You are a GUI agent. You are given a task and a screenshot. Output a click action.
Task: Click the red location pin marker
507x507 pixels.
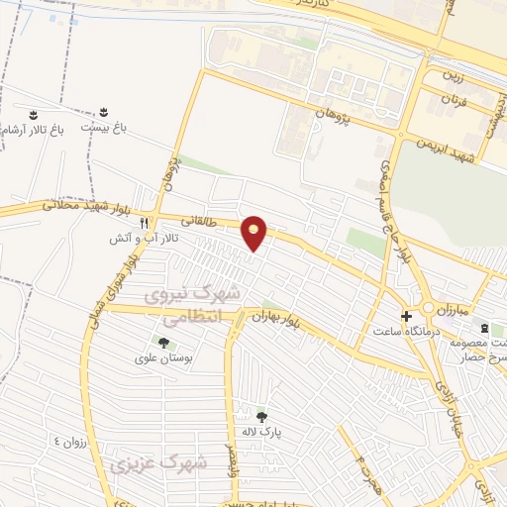pyautogui.click(x=254, y=232)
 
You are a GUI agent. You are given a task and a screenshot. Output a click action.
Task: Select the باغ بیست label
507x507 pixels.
pyautogui.click(x=106, y=129)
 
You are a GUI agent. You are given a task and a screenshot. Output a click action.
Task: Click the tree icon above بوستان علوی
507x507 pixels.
pyautogui.click(x=163, y=342)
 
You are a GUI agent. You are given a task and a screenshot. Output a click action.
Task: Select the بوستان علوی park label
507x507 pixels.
pyautogui.click(x=163, y=357)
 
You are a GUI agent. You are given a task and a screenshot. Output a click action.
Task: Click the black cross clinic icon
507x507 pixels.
pyautogui.click(x=406, y=316)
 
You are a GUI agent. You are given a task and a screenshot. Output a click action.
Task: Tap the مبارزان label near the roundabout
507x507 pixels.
pyautogui.click(x=444, y=309)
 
